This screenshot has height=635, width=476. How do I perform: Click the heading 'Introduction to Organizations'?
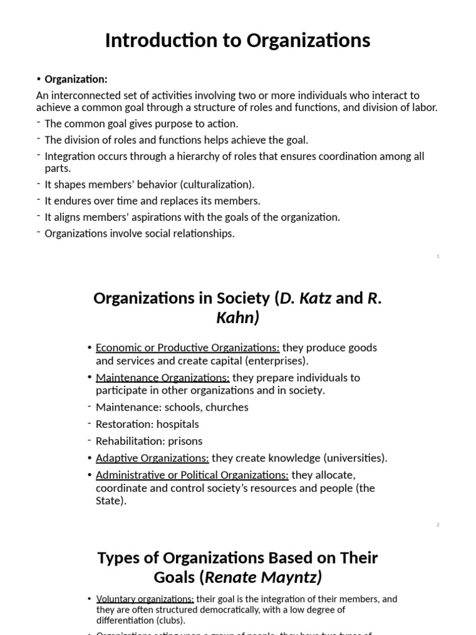pos(237,40)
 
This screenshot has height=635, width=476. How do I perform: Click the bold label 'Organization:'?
pos(76,79)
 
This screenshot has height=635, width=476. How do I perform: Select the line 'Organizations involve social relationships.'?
pos(139,234)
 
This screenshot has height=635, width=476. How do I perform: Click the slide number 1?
pos(438,256)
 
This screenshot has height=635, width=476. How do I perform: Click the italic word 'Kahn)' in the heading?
pos(237,318)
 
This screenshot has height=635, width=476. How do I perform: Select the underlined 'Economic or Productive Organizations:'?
pos(187,347)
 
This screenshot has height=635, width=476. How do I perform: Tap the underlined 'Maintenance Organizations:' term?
pos(162,377)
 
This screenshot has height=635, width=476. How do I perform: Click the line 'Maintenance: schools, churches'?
pos(172,407)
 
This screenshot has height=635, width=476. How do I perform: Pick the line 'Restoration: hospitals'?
pos(147,424)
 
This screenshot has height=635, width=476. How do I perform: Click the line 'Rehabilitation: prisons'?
pos(149,441)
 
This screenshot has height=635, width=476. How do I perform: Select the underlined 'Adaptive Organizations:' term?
pos(152,458)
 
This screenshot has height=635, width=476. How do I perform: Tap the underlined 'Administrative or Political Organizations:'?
pos(192,475)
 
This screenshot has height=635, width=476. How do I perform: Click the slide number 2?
pos(438,525)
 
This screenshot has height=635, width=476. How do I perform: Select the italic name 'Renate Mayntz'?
pos(261,577)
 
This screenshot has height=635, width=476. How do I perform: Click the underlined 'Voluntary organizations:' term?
pos(145,599)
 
